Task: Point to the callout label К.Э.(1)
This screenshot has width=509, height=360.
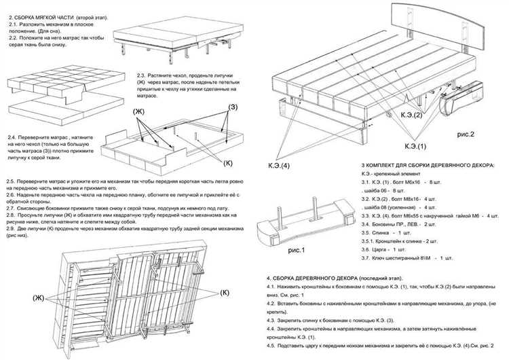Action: pos(416,147)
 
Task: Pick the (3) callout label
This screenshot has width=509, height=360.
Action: pos(232,107)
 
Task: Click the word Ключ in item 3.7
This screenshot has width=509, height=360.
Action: pos(384,258)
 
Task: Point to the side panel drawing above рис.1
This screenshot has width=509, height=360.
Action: pos(309,220)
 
